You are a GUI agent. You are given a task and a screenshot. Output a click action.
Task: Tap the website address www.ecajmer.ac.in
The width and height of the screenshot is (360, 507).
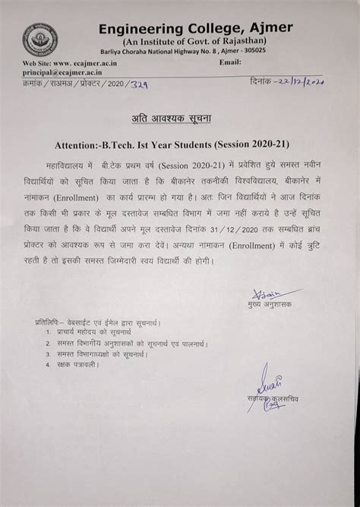coord(87,62)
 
